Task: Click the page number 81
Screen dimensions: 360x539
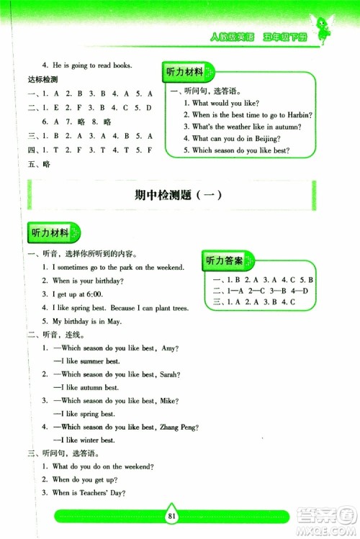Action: click(x=171, y=515)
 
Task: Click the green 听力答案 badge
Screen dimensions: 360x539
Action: click(x=228, y=260)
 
